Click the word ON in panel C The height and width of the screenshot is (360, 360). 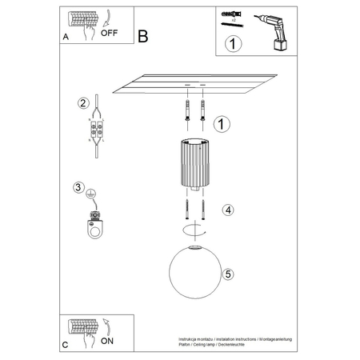click(106, 339)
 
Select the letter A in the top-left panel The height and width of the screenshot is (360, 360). click(65, 37)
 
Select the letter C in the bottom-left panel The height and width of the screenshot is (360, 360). click(65, 344)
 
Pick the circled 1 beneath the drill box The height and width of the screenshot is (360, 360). click(232, 45)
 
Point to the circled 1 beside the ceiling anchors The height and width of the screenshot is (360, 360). click(222, 122)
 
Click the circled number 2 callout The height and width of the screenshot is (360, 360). click(82, 103)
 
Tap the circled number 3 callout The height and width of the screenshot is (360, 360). click(78, 188)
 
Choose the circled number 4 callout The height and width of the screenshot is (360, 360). click(227, 210)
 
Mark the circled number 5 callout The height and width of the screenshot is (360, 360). click(228, 274)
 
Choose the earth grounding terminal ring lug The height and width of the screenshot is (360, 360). click(95, 226)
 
